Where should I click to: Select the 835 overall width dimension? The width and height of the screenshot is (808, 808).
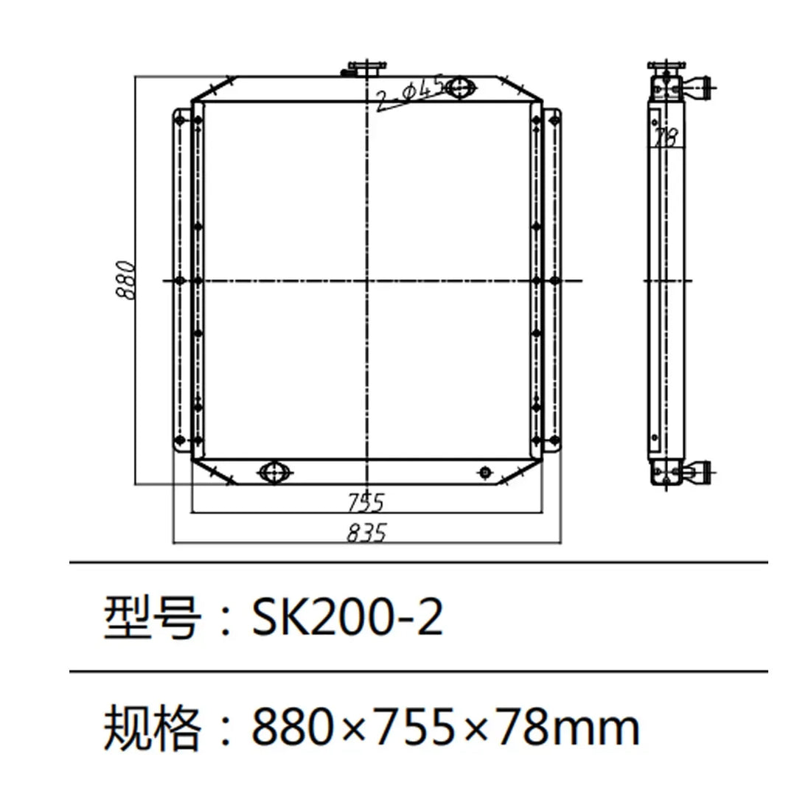pyautogui.click(x=366, y=532)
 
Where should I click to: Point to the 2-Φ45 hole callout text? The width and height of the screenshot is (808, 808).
pyautogui.click(x=410, y=94)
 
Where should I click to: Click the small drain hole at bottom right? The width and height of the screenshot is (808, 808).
pyautogui.click(x=484, y=472)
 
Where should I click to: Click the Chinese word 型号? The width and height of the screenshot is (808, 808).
pyautogui.click(x=150, y=618)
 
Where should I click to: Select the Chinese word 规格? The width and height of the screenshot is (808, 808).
pyautogui.click(x=150, y=728)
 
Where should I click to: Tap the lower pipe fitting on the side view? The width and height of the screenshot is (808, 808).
pyautogui.click(x=697, y=470)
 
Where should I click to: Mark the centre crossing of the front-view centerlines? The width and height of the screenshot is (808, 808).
pyautogui.click(x=366, y=280)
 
